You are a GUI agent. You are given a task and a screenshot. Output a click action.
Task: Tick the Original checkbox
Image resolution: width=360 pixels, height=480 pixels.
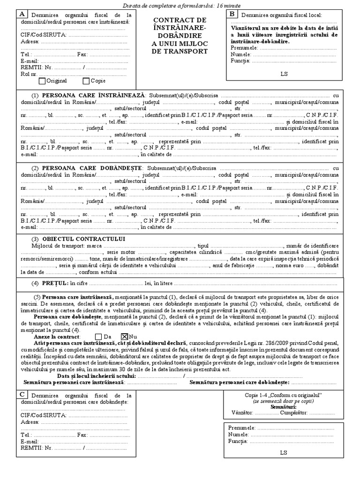click(42, 81)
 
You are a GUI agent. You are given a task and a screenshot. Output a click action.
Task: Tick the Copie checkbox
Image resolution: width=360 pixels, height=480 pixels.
click(86, 81)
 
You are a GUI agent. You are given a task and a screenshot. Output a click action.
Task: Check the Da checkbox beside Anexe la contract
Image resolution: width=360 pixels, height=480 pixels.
click(98, 336)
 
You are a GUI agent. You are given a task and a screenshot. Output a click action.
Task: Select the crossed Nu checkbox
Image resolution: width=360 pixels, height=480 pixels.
click(125, 336)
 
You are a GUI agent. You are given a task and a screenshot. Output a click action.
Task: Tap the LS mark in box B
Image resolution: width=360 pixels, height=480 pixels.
click(284, 74)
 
